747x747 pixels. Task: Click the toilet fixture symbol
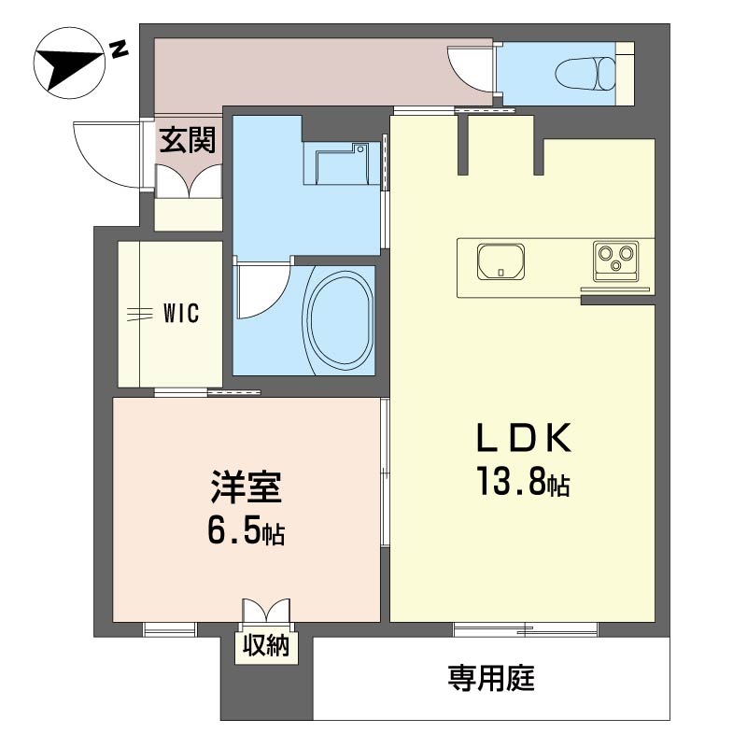click(x=585, y=74)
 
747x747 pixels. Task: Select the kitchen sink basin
click(x=500, y=261)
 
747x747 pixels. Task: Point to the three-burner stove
click(x=616, y=261)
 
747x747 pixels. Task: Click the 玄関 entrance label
click(x=188, y=140)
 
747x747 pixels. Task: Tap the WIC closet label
click(x=181, y=314)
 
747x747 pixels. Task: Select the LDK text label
click(x=524, y=438)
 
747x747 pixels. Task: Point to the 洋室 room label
click(x=247, y=486)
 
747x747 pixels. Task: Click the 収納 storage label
click(x=266, y=646)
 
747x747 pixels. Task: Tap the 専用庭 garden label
click(x=491, y=679)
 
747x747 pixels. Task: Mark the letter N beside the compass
click(x=119, y=49)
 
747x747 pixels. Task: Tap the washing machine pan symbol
click(x=342, y=162)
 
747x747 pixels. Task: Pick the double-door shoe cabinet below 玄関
click(x=190, y=181)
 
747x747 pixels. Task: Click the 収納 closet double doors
click(x=266, y=610)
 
